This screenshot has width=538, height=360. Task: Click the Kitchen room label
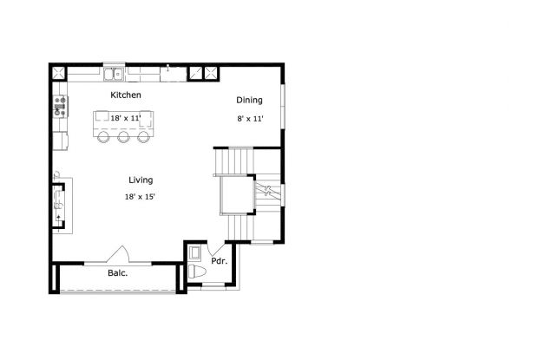point(126,95)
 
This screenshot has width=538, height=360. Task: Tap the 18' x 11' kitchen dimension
point(126,118)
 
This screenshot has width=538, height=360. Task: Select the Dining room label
point(249,100)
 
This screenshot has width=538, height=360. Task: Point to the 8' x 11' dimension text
point(250,119)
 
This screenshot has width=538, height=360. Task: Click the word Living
point(141,180)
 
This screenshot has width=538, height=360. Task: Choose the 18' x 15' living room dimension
point(140,197)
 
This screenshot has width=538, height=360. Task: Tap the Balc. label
point(118,273)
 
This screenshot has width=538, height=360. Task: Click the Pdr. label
point(220,261)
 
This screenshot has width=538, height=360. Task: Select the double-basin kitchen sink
point(114,75)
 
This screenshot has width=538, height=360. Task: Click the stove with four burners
point(60,107)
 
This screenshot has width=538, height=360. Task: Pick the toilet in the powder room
point(197,272)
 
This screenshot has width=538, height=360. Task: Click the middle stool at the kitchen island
point(123,136)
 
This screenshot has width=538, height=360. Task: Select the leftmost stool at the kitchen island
point(103,136)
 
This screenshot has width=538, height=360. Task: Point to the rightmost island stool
point(143,136)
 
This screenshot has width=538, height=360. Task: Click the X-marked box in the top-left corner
point(59,73)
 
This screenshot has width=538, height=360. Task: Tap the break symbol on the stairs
point(267,190)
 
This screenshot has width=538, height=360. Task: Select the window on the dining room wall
point(283,107)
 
